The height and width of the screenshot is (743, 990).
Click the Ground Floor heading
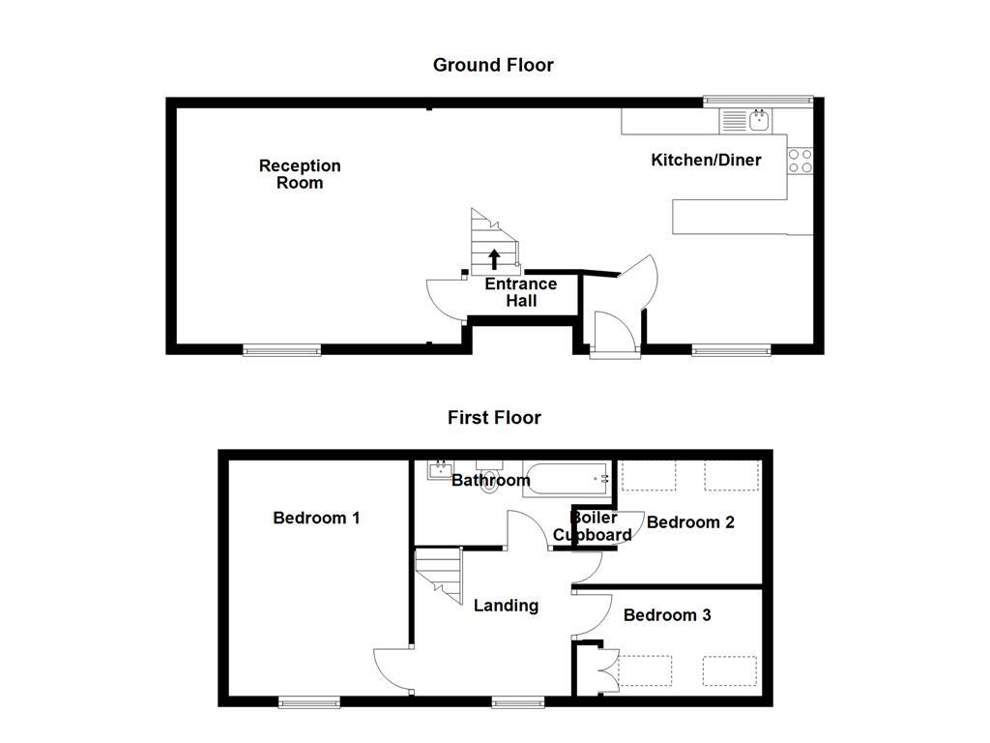pos(493,65)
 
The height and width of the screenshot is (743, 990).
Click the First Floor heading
pos(494,417)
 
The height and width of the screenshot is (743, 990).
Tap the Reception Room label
pos(300,174)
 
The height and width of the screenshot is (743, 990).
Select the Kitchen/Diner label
pos(706,160)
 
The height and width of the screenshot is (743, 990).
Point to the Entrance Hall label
pos(520,292)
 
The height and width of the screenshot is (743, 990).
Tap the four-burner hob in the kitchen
pos(800,161)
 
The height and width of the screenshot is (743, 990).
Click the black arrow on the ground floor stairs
pos(494,257)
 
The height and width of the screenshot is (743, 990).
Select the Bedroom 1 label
pos(316,518)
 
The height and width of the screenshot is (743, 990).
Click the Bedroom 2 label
pos(690,522)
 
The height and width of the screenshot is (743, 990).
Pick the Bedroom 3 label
pos(667,614)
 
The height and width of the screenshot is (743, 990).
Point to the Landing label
pos(506,606)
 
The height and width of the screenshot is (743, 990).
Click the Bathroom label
pos(491,480)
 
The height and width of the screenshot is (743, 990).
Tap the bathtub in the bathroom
pos(567,479)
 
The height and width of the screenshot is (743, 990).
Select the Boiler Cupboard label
pos(593,526)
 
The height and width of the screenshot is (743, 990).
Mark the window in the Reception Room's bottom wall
pos(281,350)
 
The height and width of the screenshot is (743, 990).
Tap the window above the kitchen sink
pos(758,99)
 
